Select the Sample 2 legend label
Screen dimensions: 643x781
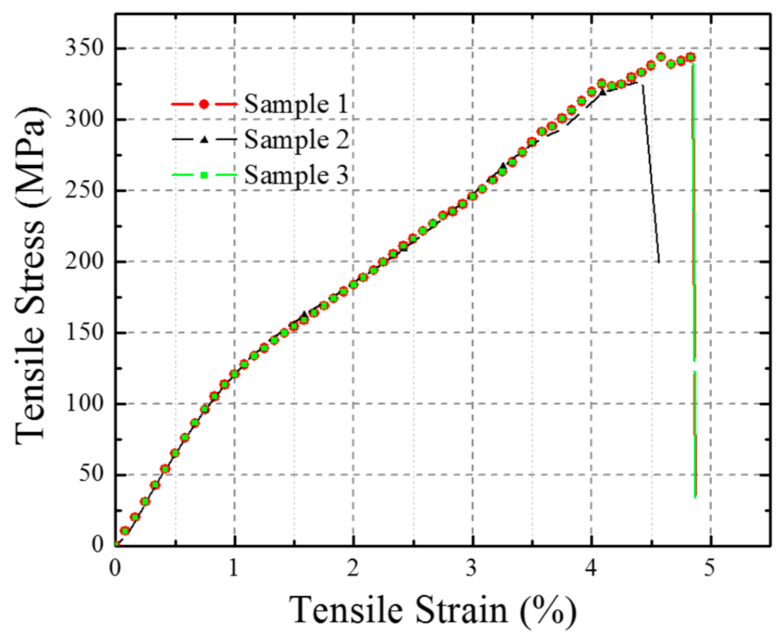tap(296, 140)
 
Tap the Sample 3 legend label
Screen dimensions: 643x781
tap(296, 175)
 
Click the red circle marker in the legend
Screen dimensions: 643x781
tap(204, 104)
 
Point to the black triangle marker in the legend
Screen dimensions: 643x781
tap(204, 139)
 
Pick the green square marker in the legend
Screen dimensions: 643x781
tap(204, 175)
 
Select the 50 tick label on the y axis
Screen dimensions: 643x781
tap(91, 474)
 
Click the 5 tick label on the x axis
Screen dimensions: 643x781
tap(709, 568)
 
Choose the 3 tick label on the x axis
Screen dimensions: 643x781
tap(471, 568)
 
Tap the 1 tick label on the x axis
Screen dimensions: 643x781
tap(233, 568)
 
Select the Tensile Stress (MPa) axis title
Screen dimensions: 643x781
tap(31, 275)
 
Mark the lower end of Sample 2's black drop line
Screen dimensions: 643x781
tap(659, 262)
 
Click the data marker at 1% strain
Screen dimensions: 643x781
tap(234, 374)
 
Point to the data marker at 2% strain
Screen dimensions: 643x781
tap(353, 284)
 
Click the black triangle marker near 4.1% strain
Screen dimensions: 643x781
tap(602, 91)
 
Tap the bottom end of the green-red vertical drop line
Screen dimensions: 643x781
tap(695, 496)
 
